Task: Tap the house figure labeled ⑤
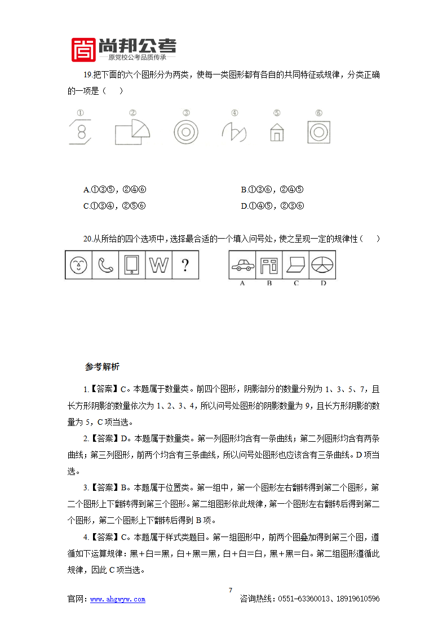(x=276, y=132)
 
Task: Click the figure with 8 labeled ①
(x=81, y=133)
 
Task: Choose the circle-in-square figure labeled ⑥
(x=318, y=133)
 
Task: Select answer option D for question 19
(x=273, y=206)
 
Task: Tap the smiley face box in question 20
(x=78, y=265)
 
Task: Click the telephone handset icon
(x=105, y=265)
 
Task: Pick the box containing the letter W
(x=159, y=265)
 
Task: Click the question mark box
(x=185, y=265)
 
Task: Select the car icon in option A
(x=242, y=265)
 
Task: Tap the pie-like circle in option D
(x=324, y=265)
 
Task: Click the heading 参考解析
(x=102, y=367)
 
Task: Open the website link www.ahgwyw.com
(x=118, y=599)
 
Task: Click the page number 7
(x=230, y=590)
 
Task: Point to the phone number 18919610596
(x=354, y=599)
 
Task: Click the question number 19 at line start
(x=87, y=75)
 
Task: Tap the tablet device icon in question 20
(x=132, y=265)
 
